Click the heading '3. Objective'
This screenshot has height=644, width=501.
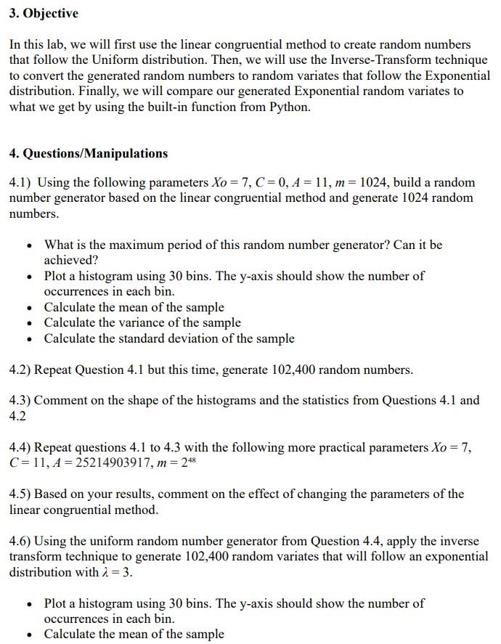[44, 14]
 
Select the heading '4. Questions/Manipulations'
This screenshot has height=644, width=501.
[88, 153]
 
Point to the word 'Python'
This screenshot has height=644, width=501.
[289, 107]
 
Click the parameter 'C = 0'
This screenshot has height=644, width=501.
[272, 183]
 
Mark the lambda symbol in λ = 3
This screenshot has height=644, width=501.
[102, 572]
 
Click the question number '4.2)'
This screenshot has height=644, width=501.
[20, 370]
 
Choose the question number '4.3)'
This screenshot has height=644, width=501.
[20, 400]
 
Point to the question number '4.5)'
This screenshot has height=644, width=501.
[20, 494]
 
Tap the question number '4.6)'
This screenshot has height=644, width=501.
[20, 541]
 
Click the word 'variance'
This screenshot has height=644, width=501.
[137, 322]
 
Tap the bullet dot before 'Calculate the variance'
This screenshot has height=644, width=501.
[28, 323]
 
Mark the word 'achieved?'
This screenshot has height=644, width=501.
[70, 260]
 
